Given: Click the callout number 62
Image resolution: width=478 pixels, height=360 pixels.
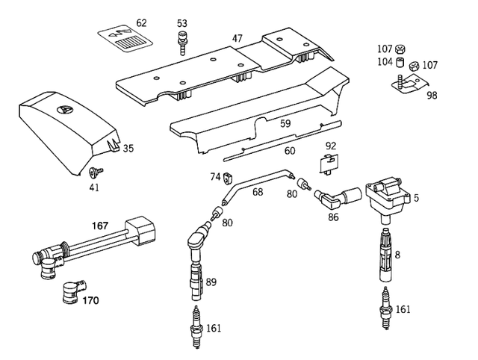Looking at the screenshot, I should click(x=140, y=22).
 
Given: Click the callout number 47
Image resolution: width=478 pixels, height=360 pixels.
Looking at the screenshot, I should click(x=237, y=37).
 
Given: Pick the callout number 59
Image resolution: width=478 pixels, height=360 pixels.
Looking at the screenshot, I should click(x=285, y=124).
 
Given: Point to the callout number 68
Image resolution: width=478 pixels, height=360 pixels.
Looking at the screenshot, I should click(x=257, y=192).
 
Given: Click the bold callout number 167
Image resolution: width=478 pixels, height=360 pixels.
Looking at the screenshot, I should click(x=101, y=225).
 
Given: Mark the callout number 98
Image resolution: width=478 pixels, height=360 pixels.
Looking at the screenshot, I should click(x=432, y=96).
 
